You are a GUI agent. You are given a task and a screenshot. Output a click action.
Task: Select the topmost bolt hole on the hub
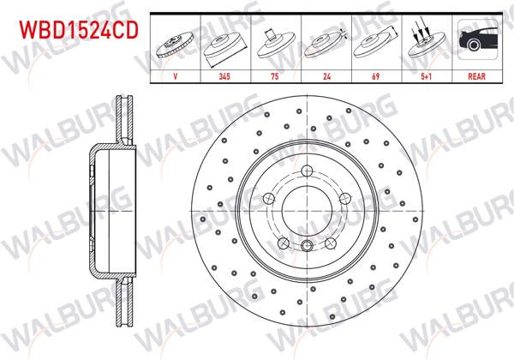click(307, 171)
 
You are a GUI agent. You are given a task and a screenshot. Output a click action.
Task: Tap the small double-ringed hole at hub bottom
click(307, 247)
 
